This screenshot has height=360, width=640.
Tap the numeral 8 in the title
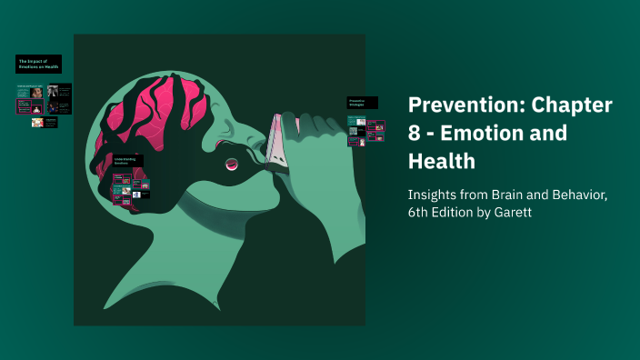pyautogui.click(x=415, y=133)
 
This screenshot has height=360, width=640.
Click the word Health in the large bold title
pyautogui.click(x=442, y=161)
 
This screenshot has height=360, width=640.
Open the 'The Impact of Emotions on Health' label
pyautogui.click(x=38, y=65)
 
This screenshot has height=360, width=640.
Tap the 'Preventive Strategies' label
pyautogui.click(x=361, y=103)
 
